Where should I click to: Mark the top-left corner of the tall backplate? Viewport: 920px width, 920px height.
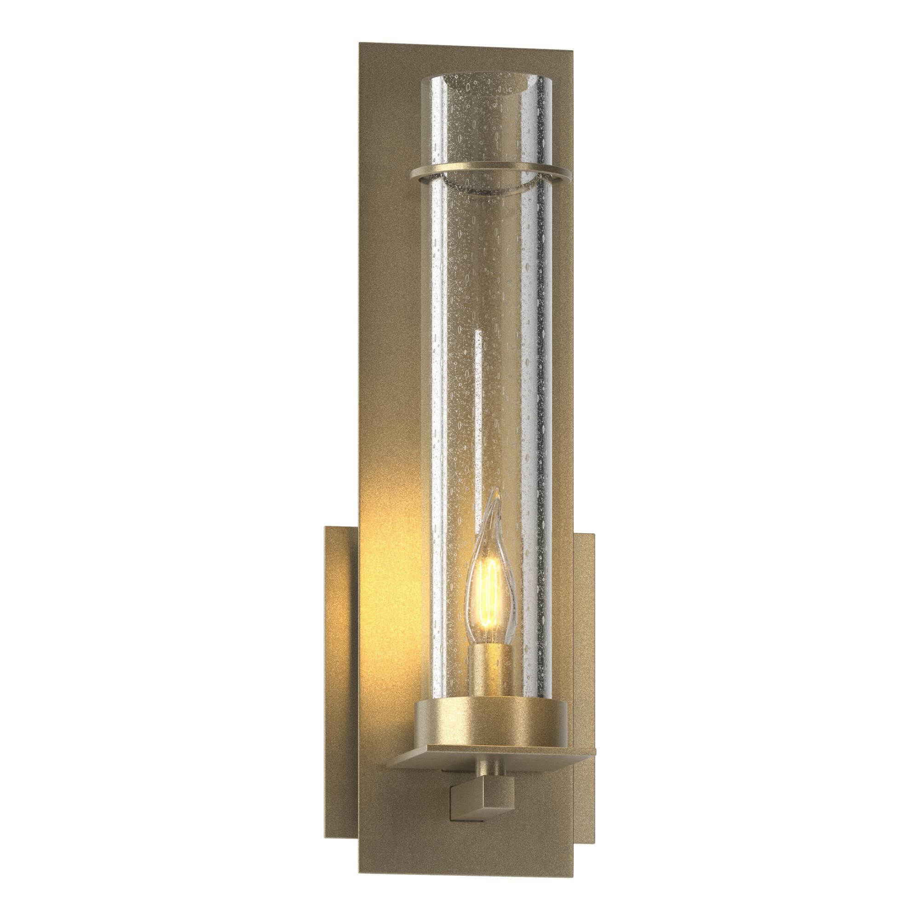point(358,44)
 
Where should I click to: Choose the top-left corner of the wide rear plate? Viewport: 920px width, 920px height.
point(325,527)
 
